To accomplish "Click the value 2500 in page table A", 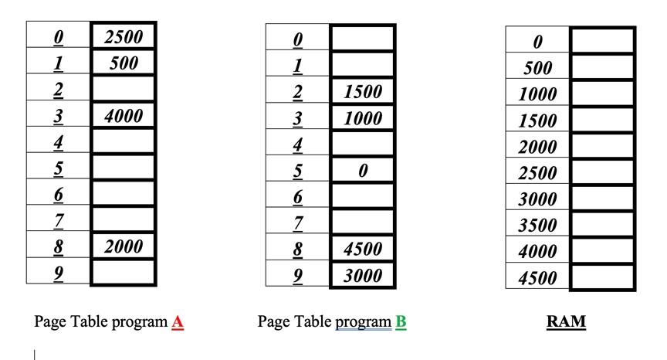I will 123,36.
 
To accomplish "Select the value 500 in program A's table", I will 124,63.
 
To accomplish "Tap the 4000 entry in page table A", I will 123,116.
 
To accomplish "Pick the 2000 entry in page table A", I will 123,246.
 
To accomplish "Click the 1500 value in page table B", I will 363,92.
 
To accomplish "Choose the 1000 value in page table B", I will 363,118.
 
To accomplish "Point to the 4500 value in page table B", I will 363,249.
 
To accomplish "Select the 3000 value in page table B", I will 363,275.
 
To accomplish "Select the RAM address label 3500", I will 538,226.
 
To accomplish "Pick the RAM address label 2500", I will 538,173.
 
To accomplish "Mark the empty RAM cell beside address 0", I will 603,41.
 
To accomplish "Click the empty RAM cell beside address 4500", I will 603,277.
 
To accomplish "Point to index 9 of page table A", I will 59,272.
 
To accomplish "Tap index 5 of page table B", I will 298,170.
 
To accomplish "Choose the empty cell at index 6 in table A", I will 123,193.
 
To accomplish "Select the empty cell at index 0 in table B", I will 363,39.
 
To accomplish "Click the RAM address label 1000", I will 538,94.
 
